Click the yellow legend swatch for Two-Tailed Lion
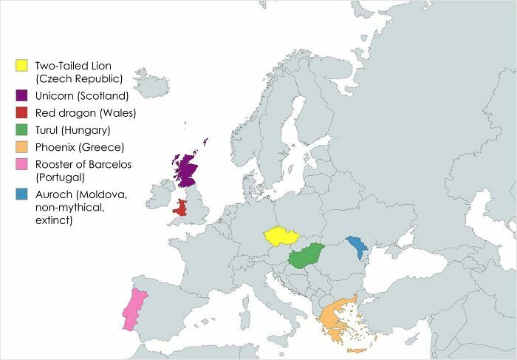[x=22, y=66]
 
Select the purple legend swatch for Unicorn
[x=22, y=95]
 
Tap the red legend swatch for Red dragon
[x=22, y=113]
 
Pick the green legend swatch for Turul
[x=22, y=130]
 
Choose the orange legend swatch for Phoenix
[x=22, y=147]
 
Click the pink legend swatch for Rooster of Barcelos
[x=22, y=164]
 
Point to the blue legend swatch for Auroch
[x=22, y=194]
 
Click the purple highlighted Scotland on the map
[x=187, y=170]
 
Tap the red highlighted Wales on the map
[x=180, y=208]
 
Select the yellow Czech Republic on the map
[x=281, y=236]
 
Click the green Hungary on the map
[x=306, y=257]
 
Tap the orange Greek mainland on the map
[x=331, y=318]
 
